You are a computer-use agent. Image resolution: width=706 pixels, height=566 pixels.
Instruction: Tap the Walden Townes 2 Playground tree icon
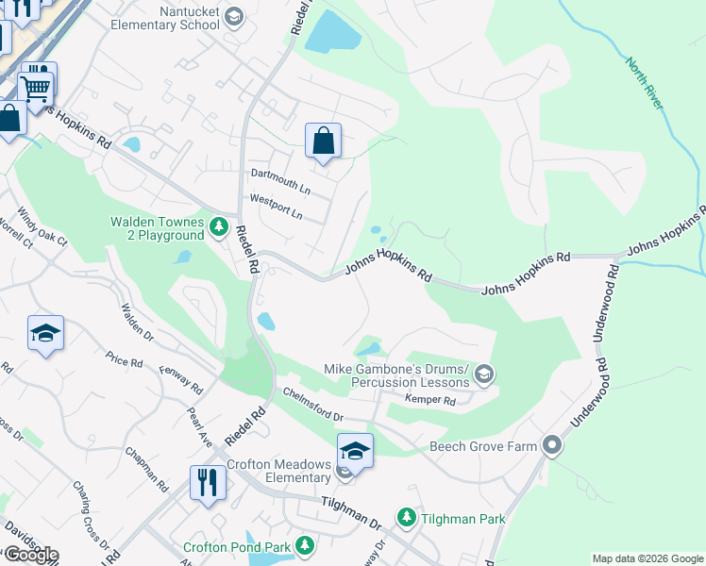click(219, 227)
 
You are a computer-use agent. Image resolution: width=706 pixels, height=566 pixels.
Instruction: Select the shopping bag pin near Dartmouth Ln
click(323, 141)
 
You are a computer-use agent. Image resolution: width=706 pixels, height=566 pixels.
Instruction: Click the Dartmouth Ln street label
click(278, 175)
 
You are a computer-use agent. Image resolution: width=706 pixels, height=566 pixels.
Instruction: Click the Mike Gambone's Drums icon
click(484, 375)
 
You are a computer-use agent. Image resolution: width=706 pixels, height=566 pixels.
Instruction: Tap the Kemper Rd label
click(430, 401)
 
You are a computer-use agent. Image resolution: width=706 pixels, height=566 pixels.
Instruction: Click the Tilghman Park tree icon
click(407, 518)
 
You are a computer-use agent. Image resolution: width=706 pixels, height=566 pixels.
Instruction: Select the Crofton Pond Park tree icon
click(304, 546)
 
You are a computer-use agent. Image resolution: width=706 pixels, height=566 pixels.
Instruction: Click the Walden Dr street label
click(137, 321)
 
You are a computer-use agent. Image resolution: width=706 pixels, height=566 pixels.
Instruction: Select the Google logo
click(31, 555)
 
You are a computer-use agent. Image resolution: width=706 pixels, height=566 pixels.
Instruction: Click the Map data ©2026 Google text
click(647, 558)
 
